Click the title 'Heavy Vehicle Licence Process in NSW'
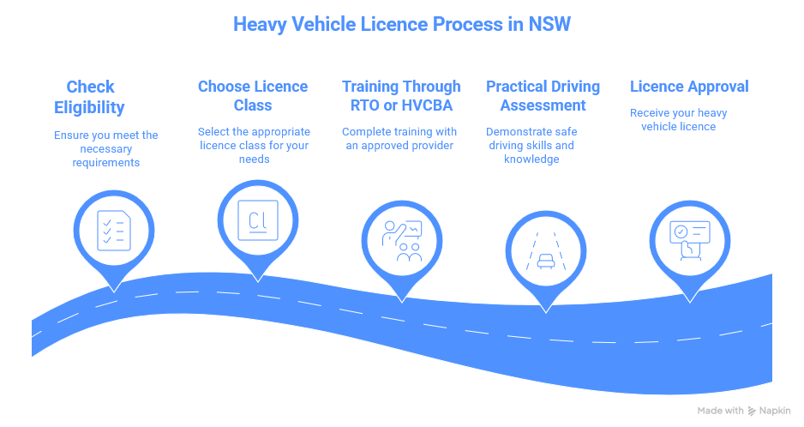coord(401,24)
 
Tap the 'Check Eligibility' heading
coord(90,97)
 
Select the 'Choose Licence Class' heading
coord(252,96)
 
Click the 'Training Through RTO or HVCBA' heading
coord(401,96)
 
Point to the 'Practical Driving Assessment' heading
coord(543,96)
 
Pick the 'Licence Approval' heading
coord(689,87)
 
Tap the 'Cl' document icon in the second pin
coord(257,221)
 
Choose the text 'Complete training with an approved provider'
coord(399,138)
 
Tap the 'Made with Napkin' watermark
coord(743,411)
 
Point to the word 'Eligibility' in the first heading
coord(90,107)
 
